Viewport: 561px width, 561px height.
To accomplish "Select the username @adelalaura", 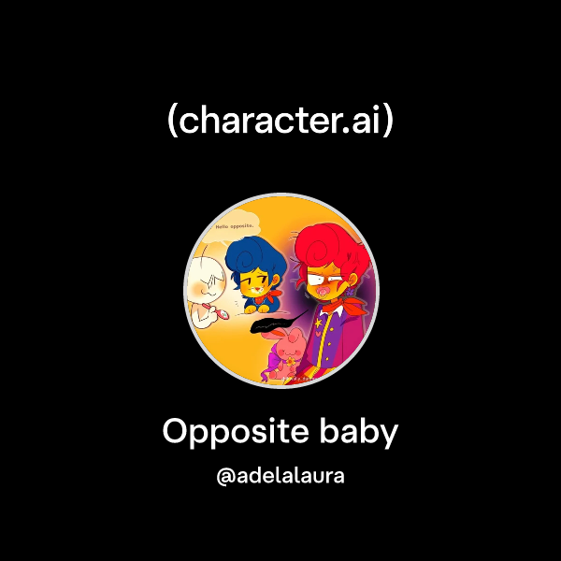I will [x=280, y=476].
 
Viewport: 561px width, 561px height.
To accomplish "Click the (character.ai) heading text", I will [x=280, y=122].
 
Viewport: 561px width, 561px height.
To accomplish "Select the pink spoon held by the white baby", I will [x=225, y=315].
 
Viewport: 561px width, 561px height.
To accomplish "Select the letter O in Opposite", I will [x=177, y=432].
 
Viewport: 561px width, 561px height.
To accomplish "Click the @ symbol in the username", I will [x=224, y=477].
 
